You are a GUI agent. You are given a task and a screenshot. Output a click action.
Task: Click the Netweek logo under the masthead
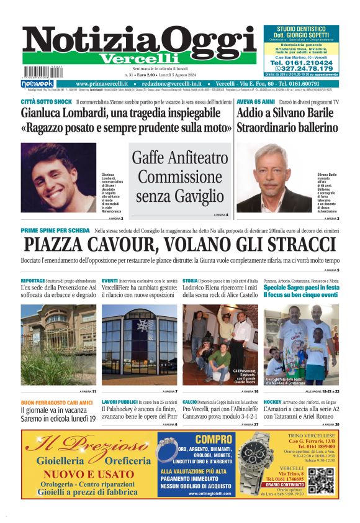point(37,83)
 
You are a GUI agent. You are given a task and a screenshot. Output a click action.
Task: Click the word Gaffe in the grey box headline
point(149,158)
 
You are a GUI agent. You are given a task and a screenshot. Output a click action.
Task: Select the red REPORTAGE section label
point(33,281)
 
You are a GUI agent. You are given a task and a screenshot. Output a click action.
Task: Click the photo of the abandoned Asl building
point(58,345)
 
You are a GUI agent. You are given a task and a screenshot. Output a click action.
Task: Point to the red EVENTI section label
point(110,281)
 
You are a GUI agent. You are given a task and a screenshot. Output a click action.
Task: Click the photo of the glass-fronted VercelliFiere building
point(139,345)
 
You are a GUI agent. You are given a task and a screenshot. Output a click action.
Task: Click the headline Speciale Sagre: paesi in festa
point(300,288)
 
